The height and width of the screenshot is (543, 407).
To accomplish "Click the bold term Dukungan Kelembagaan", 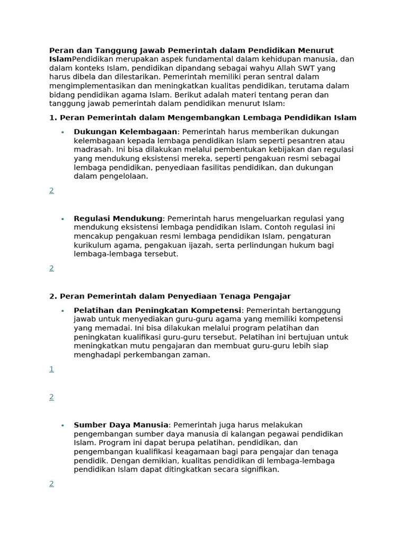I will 125,132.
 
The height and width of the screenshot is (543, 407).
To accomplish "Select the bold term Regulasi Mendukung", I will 118,218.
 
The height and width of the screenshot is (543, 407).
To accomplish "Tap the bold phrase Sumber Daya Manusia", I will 121,425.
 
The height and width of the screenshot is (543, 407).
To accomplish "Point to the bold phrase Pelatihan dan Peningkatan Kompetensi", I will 157,310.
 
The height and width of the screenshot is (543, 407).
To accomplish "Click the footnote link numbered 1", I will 51,369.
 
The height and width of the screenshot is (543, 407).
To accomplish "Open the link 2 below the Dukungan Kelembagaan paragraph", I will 51,190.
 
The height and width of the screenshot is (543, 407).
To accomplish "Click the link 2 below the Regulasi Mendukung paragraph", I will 51,268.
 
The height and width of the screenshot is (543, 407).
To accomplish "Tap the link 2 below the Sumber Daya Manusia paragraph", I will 51,484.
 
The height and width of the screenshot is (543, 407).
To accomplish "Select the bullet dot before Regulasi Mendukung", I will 63,219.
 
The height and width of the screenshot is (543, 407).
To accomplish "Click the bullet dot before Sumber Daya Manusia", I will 63,425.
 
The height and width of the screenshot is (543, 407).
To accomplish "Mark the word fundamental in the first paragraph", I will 186,59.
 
